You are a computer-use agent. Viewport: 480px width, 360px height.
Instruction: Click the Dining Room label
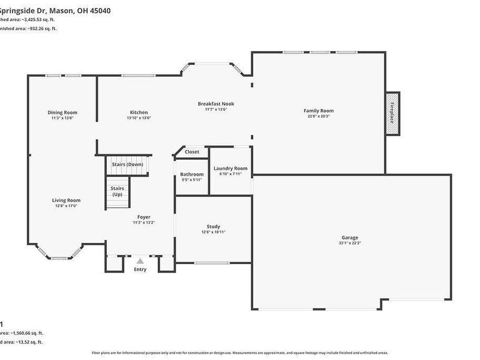point(62,112)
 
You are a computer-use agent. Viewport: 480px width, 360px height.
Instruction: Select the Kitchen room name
point(139,112)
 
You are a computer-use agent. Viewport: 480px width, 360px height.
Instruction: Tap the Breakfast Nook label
point(216,104)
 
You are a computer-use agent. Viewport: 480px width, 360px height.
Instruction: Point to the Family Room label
point(319,110)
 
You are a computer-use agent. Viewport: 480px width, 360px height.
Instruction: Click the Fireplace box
point(392,113)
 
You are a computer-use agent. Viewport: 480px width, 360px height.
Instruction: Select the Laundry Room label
point(230,169)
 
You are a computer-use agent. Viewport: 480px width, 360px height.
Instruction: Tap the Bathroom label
point(192,174)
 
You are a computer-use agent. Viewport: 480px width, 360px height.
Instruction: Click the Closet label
point(192,152)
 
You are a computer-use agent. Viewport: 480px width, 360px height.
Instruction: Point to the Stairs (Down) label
point(127,164)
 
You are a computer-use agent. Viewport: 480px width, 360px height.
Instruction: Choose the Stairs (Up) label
point(117,191)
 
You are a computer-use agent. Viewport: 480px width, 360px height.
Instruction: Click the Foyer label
point(144,217)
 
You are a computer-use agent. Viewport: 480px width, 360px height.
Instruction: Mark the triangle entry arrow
point(140,261)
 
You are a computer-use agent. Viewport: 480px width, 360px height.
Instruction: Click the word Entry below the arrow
point(140,269)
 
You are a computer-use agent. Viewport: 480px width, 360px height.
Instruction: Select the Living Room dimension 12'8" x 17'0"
point(66,206)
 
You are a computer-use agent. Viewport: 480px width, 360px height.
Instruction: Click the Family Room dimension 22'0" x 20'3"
point(319,116)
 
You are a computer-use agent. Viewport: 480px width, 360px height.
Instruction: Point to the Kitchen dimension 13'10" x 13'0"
point(139,118)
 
